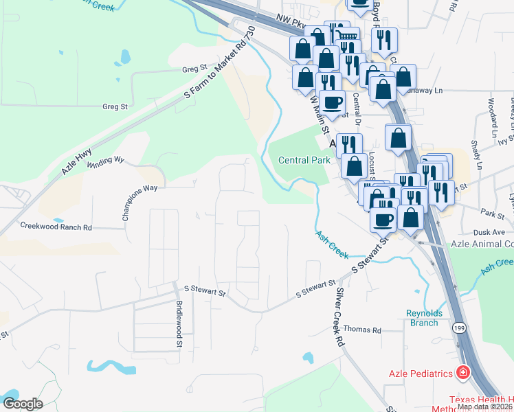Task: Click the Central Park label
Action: point(304,160)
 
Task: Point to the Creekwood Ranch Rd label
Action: point(56,226)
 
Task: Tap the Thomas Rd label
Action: point(362,330)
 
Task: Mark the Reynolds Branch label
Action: point(423,318)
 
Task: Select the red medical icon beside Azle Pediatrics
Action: point(463,373)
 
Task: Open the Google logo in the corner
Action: point(23,404)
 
